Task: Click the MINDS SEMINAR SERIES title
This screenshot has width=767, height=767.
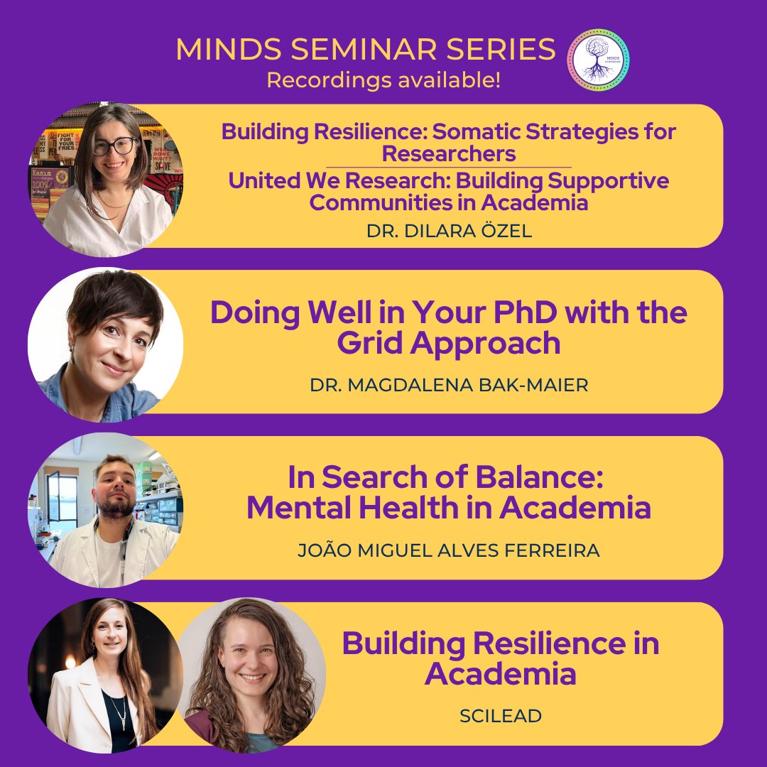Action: (366, 50)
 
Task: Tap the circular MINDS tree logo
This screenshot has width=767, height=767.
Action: (598, 60)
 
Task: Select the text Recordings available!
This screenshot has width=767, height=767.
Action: (383, 80)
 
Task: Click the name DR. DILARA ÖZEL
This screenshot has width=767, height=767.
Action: (448, 232)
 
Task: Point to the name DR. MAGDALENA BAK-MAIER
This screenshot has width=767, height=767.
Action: (449, 384)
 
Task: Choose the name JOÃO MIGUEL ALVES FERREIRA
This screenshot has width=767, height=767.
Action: (448, 550)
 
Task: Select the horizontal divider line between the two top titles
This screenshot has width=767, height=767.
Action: (448, 167)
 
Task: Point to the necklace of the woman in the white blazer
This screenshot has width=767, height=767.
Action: (115, 706)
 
